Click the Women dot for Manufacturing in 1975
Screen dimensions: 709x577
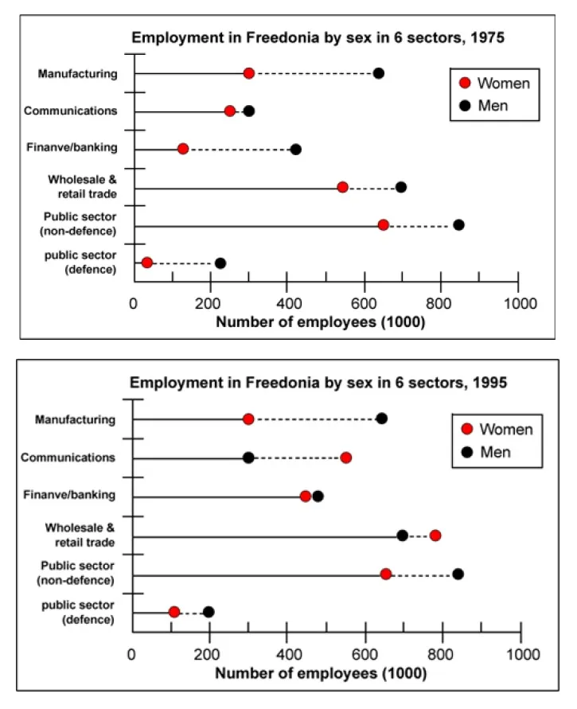pyautogui.click(x=248, y=73)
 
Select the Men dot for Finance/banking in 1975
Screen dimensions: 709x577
pyautogui.click(x=296, y=149)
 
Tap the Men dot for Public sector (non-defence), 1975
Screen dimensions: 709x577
pyautogui.click(x=458, y=225)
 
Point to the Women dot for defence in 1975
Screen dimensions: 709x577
pyautogui.click(x=146, y=263)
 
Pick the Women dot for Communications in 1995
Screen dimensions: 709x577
pyautogui.click(x=345, y=458)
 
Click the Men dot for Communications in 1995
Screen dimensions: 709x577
pyautogui.click(x=248, y=458)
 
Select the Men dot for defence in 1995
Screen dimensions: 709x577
pyautogui.click(x=209, y=612)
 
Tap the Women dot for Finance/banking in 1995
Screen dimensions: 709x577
pyautogui.click(x=306, y=496)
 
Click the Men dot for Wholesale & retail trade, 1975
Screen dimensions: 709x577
pyautogui.click(x=401, y=187)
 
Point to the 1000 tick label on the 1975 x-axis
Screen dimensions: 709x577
pyautogui.click(x=517, y=303)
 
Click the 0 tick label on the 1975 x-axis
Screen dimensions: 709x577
pyautogui.click(x=134, y=303)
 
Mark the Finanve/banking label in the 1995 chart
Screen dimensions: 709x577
pyautogui.click(x=76, y=495)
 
